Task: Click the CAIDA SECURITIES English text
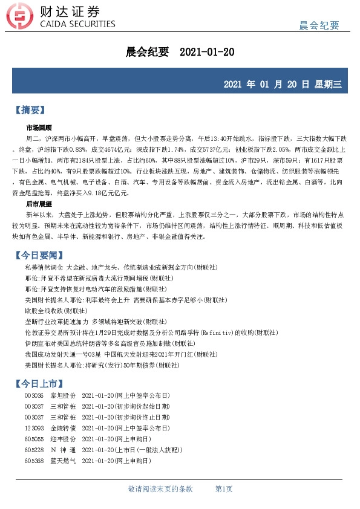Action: (x=77, y=24)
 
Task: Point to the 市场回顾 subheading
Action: (x=39, y=128)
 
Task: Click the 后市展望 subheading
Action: (x=39, y=205)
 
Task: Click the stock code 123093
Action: (x=34, y=427)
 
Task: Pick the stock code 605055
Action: (x=34, y=439)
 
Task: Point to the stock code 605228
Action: (x=34, y=450)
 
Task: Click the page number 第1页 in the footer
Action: (x=224, y=488)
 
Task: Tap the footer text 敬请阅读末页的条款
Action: (x=160, y=488)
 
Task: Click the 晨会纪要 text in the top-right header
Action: (x=319, y=25)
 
